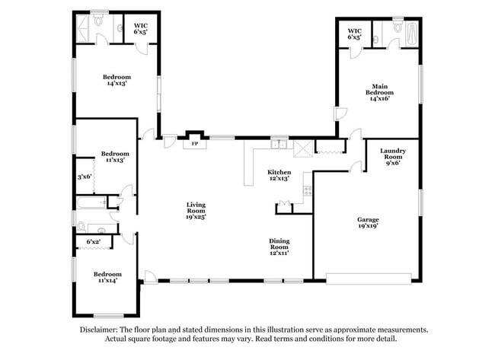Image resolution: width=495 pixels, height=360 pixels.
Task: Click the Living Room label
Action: point(196,209)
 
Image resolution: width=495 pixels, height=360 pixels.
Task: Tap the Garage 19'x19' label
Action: point(368,221)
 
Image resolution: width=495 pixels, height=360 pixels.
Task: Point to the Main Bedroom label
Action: point(381,92)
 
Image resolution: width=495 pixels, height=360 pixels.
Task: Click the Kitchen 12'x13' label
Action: point(279,175)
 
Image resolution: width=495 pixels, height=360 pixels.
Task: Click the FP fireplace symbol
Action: point(195,143)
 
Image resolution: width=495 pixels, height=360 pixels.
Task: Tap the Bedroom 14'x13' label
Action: point(117,80)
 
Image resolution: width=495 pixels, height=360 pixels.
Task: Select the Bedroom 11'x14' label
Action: point(107,278)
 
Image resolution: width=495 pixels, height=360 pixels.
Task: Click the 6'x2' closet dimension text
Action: point(93,242)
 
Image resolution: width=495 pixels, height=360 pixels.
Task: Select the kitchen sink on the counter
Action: point(280,144)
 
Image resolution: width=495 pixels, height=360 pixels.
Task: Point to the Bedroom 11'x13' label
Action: point(114,156)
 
